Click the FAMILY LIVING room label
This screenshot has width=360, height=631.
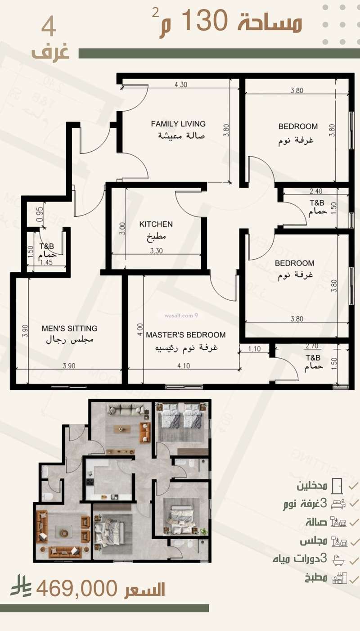[178, 124]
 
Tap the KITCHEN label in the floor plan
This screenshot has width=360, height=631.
[156, 224]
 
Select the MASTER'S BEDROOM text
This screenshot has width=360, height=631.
[186, 335]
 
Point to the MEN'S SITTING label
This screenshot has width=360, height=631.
[69, 329]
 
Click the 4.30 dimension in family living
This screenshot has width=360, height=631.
[180, 84]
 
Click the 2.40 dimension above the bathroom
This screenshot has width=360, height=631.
[315, 191]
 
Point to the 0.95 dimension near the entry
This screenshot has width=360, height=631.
[40, 215]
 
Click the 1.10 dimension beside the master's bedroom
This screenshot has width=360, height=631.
[255, 348]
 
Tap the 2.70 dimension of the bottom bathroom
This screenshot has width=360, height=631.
[312, 347]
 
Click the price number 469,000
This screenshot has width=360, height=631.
[77, 589]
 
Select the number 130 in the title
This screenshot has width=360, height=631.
[211, 21]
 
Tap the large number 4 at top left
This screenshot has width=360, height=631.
[49, 27]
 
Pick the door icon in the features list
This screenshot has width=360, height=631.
[337, 486]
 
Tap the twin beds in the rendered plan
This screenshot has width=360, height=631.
[182, 415]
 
